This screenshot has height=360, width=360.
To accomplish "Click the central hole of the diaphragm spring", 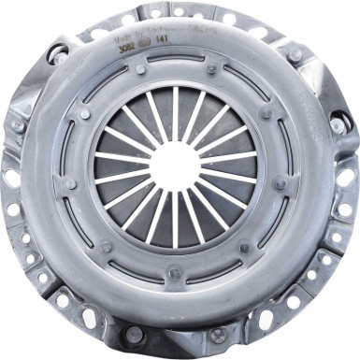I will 175,166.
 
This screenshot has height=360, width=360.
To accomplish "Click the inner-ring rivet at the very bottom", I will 175,273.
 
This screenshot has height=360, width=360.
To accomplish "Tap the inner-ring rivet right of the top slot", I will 212,68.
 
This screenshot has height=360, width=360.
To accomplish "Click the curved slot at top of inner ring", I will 176,61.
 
